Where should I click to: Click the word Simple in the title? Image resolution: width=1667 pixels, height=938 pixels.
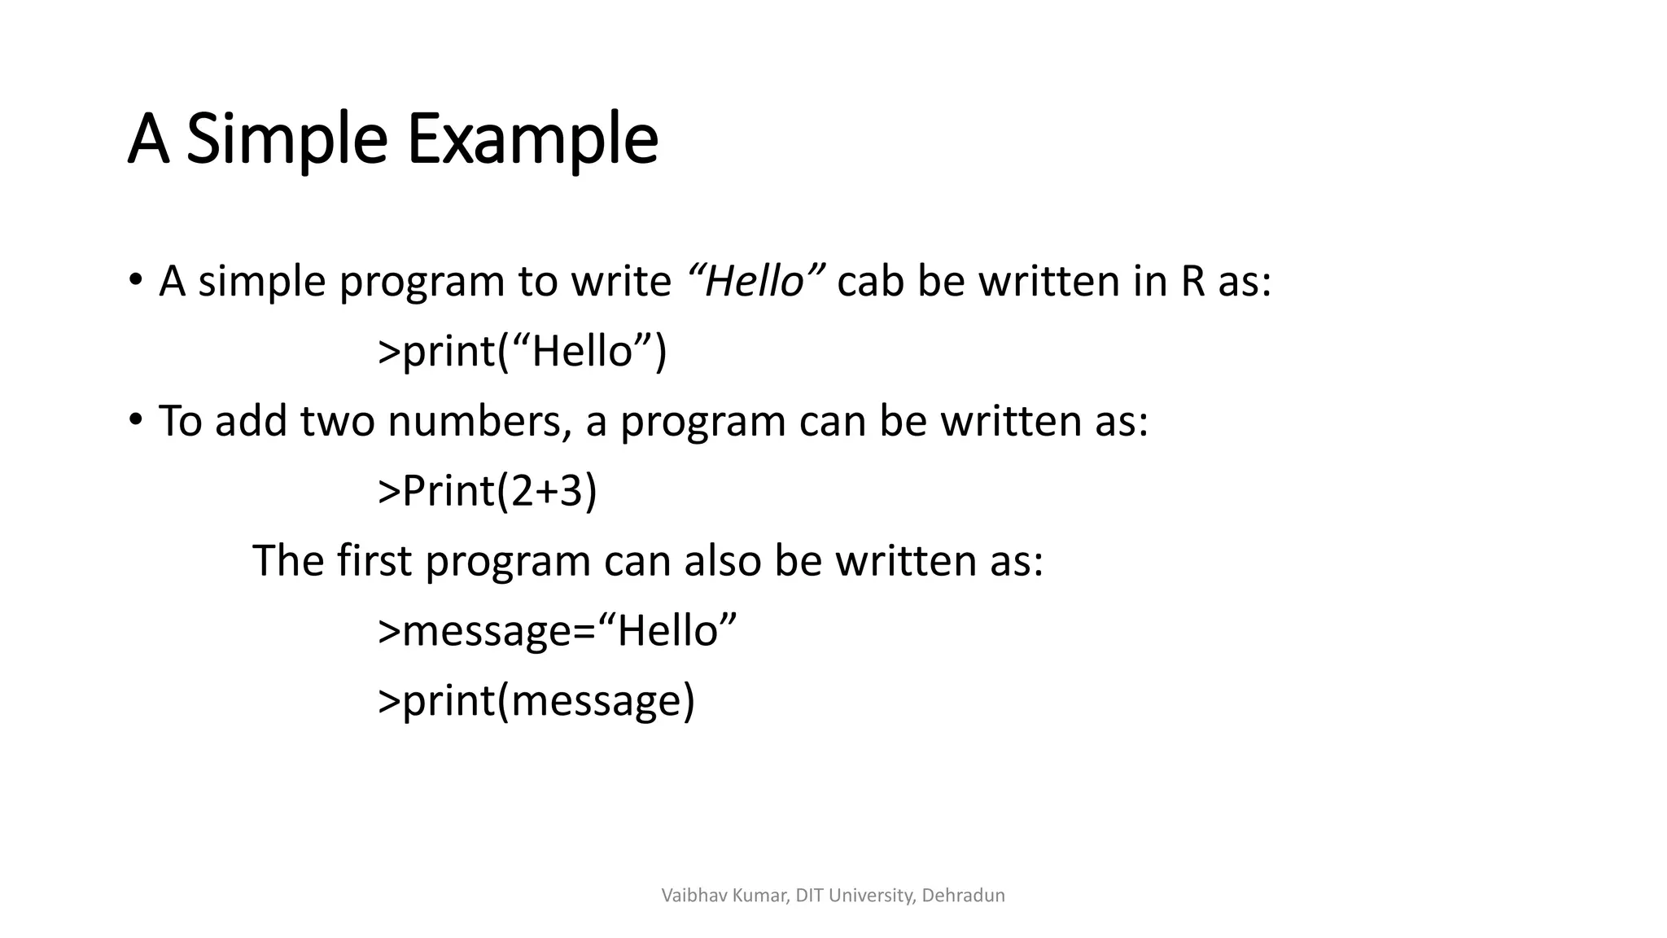[287, 140]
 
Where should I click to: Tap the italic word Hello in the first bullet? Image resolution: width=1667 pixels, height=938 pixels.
[755, 282]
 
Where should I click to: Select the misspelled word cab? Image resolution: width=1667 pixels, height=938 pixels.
[870, 282]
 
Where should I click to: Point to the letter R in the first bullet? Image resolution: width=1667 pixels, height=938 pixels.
[1192, 282]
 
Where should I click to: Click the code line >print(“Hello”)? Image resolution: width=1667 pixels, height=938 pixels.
[522, 352]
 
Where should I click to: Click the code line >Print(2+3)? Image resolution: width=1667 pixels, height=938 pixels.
[488, 491]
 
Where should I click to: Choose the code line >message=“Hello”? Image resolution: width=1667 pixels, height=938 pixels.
[557, 631]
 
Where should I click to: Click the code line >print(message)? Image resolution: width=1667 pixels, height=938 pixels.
[536, 701]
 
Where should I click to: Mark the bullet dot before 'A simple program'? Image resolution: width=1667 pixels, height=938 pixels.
[135, 281]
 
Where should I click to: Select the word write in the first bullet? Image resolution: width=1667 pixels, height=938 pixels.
[620, 282]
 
